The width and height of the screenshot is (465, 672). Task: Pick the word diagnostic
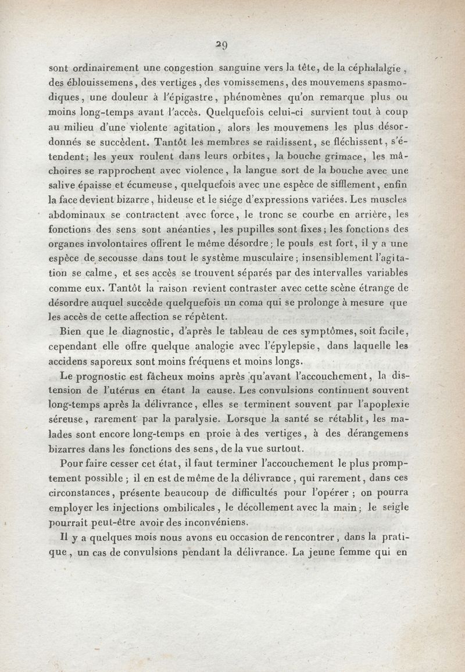tap(123, 332)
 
